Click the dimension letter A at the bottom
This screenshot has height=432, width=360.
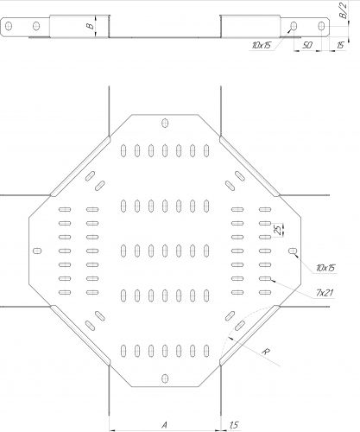coord(164,424)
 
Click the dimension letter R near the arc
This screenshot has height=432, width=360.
coord(266,352)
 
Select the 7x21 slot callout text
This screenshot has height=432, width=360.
coord(325,293)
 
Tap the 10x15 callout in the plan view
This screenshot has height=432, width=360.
coord(325,268)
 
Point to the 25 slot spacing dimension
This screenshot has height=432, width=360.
coord(277,230)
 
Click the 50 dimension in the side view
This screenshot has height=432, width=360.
coord(307,45)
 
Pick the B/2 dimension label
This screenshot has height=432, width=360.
coord(344,11)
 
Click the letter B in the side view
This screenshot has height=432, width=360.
coord(90,26)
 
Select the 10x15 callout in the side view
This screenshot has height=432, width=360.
coord(262,45)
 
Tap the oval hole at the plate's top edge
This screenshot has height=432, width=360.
coord(165,123)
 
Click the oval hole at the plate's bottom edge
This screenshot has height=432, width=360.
coord(165,378)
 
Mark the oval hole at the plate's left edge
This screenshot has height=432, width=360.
coord(37,251)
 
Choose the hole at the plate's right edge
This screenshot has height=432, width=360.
coord(293,251)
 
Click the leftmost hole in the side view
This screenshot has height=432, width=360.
coord(9,26)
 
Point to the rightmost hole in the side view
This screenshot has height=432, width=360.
coord(321,26)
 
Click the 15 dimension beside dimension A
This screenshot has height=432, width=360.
coord(234,425)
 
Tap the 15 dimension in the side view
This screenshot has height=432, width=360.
coord(340,45)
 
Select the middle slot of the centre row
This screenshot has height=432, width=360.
coord(165,251)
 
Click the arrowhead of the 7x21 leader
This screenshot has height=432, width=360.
coord(273,280)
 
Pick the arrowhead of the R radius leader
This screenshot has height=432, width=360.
coord(230,338)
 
